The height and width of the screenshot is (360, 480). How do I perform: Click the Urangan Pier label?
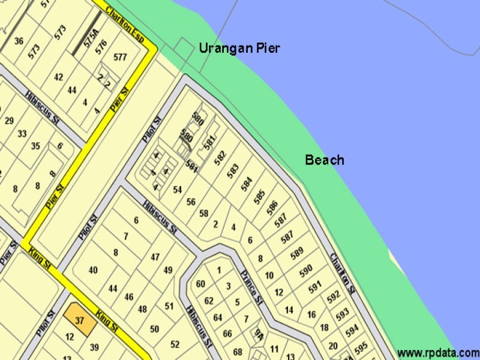[x=239, y=49]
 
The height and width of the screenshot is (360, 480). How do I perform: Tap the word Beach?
[x=325, y=160]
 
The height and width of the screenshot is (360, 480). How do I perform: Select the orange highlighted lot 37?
[x=79, y=320]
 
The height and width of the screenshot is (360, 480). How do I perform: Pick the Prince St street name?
[x=252, y=287]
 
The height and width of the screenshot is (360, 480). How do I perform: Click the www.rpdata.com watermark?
[x=438, y=352]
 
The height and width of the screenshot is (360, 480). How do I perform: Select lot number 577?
[x=120, y=58]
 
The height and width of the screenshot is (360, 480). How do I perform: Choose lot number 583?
[x=233, y=171]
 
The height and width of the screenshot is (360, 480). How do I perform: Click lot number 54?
[x=177, y=190]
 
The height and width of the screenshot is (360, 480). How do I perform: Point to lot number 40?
[x=93, y=270]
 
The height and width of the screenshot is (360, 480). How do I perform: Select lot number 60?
[x=200, y=284]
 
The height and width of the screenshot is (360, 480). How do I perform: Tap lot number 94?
[x=259, y=334]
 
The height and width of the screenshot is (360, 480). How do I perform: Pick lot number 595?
[x=361, y=347]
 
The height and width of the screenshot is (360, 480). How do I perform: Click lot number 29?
[x=9, y=121]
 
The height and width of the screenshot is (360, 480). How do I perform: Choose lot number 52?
[x=175, y=344]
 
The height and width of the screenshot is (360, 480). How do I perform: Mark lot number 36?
[x=19, y=41]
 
